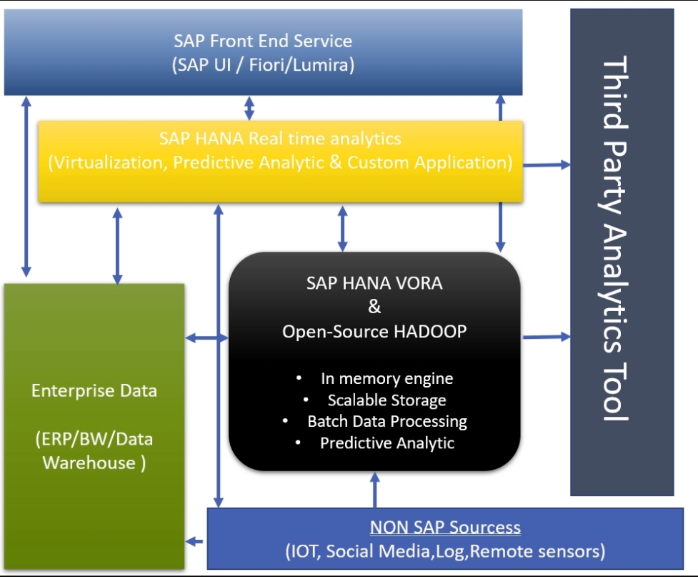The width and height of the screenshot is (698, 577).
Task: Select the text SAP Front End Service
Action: tap(263, 41)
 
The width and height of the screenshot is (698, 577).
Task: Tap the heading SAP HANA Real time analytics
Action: tap(280, 138)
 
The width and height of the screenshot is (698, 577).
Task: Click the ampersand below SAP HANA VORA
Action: tap(374, 307)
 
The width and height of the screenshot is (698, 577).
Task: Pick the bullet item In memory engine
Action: tap(387, 378)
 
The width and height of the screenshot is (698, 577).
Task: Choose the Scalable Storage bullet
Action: tap(387, 400)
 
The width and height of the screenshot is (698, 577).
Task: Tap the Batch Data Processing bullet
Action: tap(387, 421)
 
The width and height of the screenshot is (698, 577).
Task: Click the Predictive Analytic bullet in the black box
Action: tap(387, 443)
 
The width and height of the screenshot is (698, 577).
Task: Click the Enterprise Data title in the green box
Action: tap(94, 391)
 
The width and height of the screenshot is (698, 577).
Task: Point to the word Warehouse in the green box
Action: tap(88, 463)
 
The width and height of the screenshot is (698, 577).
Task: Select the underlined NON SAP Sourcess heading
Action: tap(445, 528)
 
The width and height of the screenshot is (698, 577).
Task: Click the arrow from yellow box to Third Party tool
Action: tap(547, 165)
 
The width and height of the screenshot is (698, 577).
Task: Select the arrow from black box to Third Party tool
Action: tap(547, 336)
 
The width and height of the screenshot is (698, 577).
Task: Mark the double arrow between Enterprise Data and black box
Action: tap(206, 337)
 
